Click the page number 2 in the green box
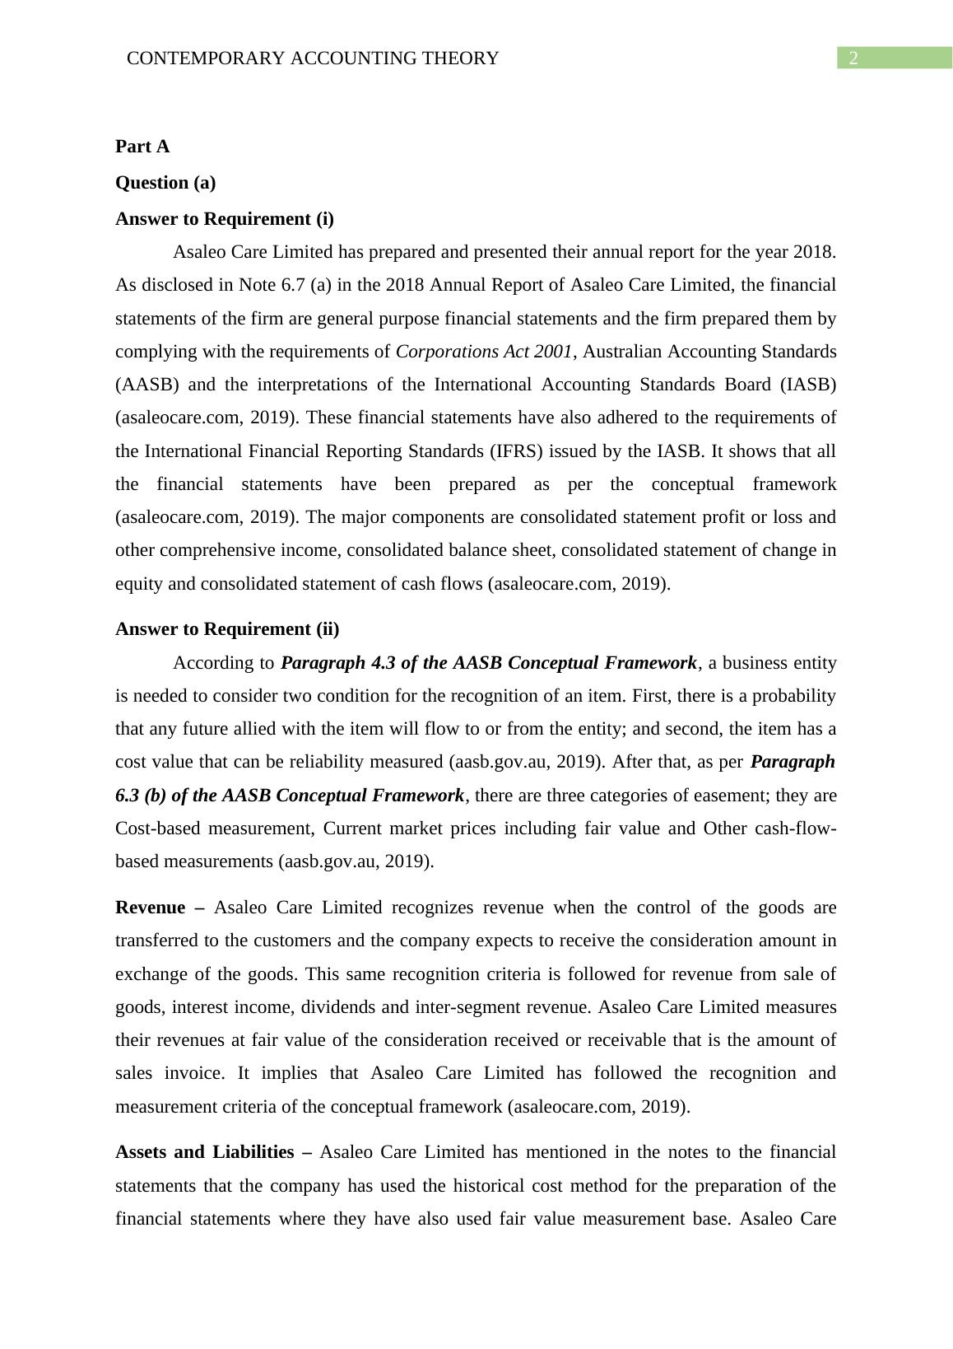pyautogui.click(x=853, y=58)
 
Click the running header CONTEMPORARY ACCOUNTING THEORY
pyautogui.click(x=313, y=58)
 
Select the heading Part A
pyautogui.click(x=142, y=147)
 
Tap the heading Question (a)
pyautogui.click(x=165, y=183)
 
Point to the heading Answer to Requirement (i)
pyautogui.click(x=225, y=219)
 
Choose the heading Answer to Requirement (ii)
pyautogui.click(x=227, y=629)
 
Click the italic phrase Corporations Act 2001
pyautogui.click(x=484, y=352)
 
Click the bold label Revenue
pyautogui.click(x=151, y=908)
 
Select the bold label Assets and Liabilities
pyautogui.click(x=205, y=1152)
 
